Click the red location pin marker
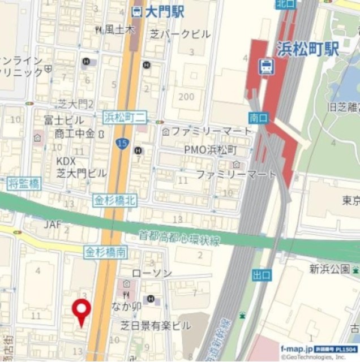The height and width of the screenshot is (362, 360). [83, 309]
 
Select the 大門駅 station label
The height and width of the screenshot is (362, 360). [157, 11]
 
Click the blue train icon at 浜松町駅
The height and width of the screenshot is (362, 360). [264, 67]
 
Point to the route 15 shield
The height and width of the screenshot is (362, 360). [122, 144]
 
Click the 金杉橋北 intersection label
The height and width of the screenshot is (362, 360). [115, 200]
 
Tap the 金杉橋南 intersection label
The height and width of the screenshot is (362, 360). [105, 252]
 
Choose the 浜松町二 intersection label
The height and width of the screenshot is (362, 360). [125, 118]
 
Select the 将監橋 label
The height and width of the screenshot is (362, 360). [23, 183]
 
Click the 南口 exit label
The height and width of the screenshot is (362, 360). [257, 118]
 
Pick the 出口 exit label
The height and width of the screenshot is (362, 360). [262, 275]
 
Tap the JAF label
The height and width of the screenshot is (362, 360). [53, 224]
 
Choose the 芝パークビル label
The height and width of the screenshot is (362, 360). [180, 35]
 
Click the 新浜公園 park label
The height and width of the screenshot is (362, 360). [330, 269]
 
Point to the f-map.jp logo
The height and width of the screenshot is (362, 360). [296, 348]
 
